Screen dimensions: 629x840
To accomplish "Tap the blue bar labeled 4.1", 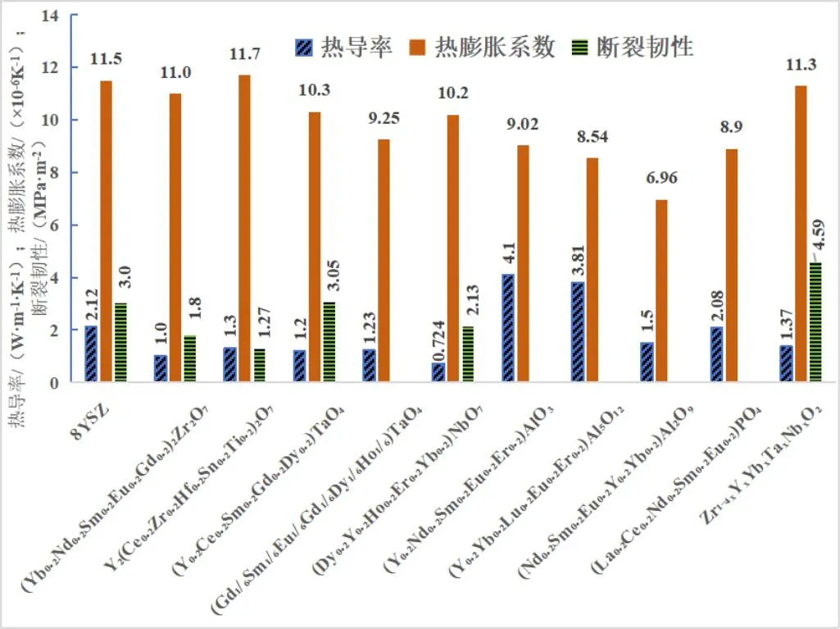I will pos(508,328).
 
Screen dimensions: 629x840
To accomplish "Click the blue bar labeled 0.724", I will pos(439,372).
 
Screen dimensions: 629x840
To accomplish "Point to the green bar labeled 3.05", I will pos(329,341).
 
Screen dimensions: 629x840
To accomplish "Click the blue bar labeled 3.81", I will pos(577,331).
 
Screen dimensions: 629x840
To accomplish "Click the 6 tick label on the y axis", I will pos(57,226).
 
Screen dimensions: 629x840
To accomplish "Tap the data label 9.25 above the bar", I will pos(383,118).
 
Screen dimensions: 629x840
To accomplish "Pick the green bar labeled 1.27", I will pos(259,365).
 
